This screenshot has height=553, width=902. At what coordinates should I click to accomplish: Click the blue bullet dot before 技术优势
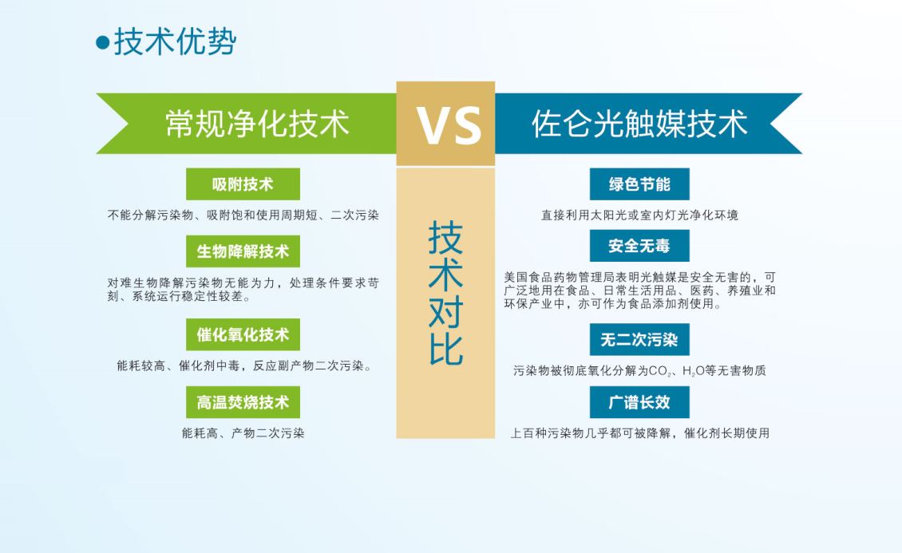(102, 42)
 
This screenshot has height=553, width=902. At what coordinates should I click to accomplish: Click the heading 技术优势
(176, 41)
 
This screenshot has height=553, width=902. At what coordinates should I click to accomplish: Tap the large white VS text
(449, 126)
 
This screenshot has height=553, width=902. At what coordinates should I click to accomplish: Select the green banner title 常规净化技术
(257, 124)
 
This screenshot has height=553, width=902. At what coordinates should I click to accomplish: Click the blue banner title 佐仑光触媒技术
(639, 124)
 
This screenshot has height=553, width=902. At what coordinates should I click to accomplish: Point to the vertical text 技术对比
(446, 293)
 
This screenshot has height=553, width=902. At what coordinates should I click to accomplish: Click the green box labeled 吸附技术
(243, 184)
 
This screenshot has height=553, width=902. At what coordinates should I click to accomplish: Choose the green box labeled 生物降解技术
(243, 251)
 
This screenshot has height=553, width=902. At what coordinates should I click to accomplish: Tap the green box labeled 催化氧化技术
(243, 334)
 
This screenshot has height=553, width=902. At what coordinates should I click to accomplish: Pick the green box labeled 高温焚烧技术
(243, 402)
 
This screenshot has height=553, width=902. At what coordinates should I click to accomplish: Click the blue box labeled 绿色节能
(639, 184)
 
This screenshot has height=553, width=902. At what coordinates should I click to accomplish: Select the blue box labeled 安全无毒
(639, 246)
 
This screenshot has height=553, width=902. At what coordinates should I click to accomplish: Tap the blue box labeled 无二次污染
(639, 339)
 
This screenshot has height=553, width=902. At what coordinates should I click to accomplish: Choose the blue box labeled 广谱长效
(639, 402)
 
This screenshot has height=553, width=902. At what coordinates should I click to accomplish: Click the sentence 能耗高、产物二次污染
(243, 433)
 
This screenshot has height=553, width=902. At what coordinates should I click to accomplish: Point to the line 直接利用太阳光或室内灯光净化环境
(639, 215)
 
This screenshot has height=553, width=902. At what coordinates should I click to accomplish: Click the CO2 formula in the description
(660, 371)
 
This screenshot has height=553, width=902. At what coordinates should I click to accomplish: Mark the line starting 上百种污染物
(639, 433)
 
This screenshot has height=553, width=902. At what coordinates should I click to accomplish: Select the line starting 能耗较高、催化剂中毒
(244, 365)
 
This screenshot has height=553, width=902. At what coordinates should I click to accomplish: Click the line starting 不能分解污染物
(243, 215)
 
